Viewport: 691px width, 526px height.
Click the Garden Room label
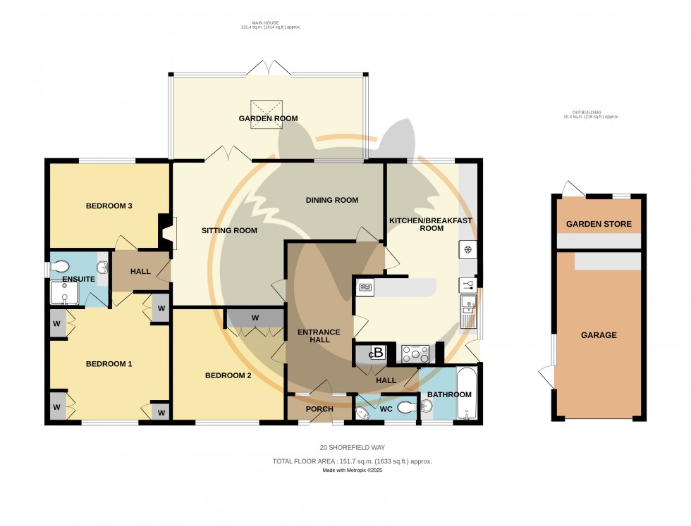(x=268, y=118)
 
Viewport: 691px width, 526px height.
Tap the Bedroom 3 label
(x=109, y=206)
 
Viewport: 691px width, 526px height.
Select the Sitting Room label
(x=229, y=230)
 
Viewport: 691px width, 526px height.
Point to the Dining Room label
(x=331, y=200)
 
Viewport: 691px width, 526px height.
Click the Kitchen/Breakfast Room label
(x=431, y=224)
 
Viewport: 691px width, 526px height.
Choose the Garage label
(x=598, y=335)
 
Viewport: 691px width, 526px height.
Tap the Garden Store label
(x=599, y=225)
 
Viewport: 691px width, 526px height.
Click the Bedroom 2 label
(x=228, y=375)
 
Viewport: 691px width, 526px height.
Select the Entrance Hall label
(x=319, y=337)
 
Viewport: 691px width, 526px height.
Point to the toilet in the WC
(x=407, y=407)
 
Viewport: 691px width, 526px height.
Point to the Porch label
(x=319, y=409)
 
